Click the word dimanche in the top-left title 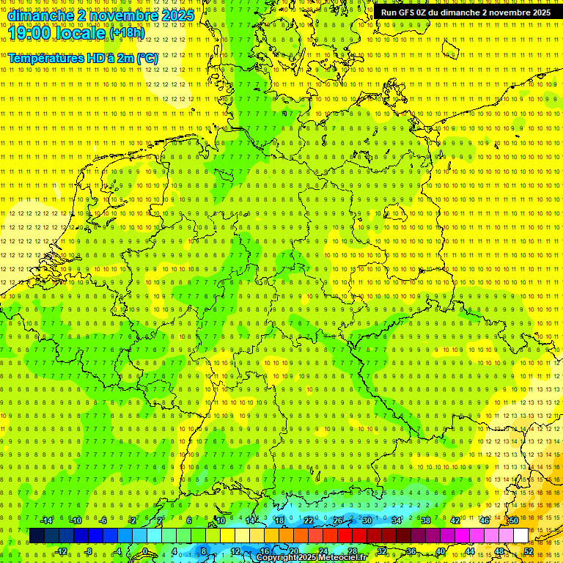tap(36, 15)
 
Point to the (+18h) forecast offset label tap(127, 33)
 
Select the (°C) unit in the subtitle tap(147, 57)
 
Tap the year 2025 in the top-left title tap(177, 15)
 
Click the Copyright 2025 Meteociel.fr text tap(312, 558)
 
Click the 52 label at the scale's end tap(529, 551)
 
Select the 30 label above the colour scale tap(367, 520)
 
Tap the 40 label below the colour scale tap(440, 551)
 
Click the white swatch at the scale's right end tap(520, 535)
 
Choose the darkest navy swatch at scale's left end tap(37, 535)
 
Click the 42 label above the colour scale tap(455, 520)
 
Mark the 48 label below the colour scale tap(498, 551)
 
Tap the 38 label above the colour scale tap(425, 520)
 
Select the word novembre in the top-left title tap(117, 15)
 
